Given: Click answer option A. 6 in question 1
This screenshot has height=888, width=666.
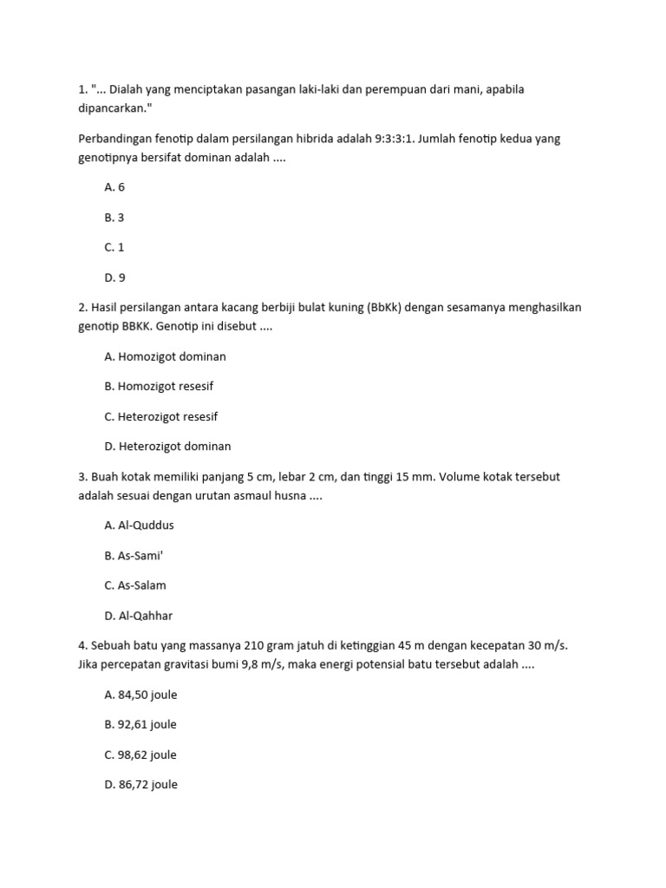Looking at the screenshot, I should click(x=114, y=187).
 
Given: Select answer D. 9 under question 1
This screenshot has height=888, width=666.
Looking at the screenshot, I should click(x=114, y=277).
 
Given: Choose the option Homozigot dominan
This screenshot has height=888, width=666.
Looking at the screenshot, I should click(x=165, y=356).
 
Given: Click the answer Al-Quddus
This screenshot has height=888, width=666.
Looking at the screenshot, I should click(x=142, y=526).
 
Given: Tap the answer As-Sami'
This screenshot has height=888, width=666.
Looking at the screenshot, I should click(x=134, y=556).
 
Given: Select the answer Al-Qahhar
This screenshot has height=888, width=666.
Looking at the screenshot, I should click(x=138, y=616).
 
